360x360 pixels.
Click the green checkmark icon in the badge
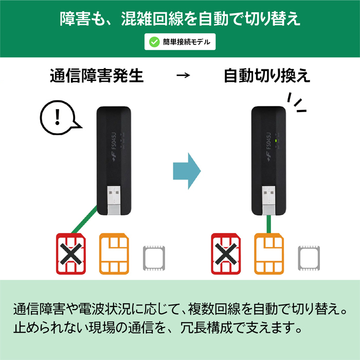tap(154, 42)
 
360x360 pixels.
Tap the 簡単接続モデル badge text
tap(187, 42)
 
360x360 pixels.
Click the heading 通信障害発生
tap(97, 76)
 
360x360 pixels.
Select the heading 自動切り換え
tap(267, 76)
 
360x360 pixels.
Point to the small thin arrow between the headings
tap(183, 75)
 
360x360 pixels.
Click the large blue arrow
tap(187, 171)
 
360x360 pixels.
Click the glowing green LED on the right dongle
tap(276, 140)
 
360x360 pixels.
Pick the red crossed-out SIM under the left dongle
tap(71, 254)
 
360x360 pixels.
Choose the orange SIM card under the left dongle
tap(114, 254)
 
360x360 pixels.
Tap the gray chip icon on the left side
tap(154, 258)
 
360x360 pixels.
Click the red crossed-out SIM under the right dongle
tap(226, 254)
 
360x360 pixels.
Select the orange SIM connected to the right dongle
tap(269, 254)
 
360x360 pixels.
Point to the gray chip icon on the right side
tap(309, 258)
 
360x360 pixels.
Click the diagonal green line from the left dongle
tap(84, 220)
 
